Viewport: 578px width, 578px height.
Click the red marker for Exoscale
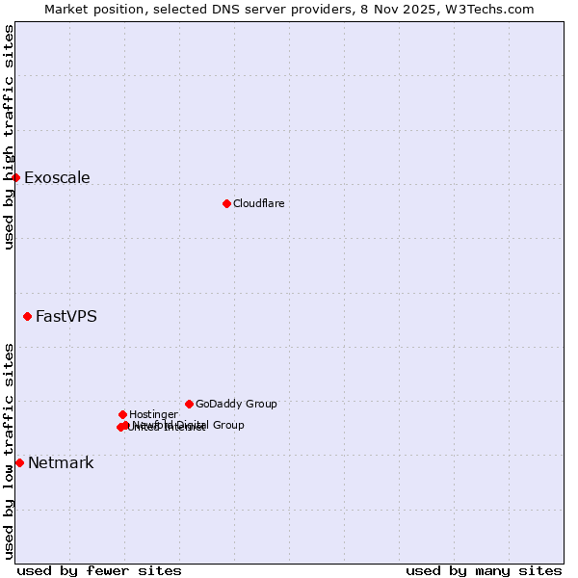[15, 177]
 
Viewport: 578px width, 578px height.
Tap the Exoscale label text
[57, 177]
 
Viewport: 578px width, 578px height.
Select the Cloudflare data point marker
[226, 203]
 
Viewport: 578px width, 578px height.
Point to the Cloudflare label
[258, 203]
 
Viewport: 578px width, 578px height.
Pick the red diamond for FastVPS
[27, 316]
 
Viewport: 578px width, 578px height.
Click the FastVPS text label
[66, 316]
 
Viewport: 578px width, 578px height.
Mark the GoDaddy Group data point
[189, 404]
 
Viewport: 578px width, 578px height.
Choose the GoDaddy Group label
[236, 404]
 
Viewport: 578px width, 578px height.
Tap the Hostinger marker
[122, 414]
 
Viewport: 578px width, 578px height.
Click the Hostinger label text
[153, 414]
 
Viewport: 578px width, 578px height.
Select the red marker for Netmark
[19, 462]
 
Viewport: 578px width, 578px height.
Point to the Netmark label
[61, 462]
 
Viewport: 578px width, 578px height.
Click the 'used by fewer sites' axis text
[99, 570]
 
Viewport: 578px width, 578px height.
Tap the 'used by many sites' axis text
[484, 570]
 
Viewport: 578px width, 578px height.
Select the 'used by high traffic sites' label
[9, 137]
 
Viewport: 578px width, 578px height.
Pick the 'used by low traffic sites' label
[9, 451]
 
